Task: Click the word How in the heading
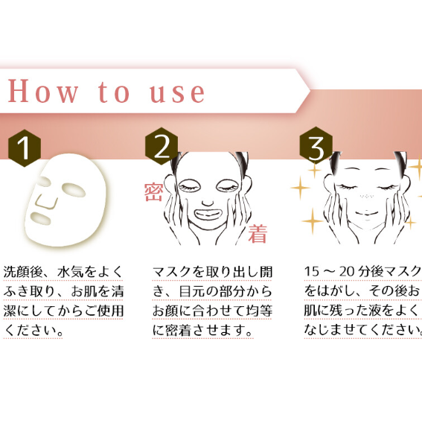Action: [42, 91]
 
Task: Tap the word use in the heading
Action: [177, 92]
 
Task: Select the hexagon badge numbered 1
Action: [25, 148]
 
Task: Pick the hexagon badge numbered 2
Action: [162, 146]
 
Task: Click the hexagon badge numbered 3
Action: [316, 145]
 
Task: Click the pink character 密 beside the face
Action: [154, 192]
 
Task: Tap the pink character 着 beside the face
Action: [258, 234]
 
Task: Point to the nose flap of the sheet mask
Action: [47, 202]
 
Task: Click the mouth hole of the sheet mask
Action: [41, 218]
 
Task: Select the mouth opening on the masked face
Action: [208, 215]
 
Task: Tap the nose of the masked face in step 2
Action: [208, 203]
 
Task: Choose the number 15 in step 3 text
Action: [311, 271]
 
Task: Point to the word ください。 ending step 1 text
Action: [33, 331]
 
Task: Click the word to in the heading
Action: [114, 92]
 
